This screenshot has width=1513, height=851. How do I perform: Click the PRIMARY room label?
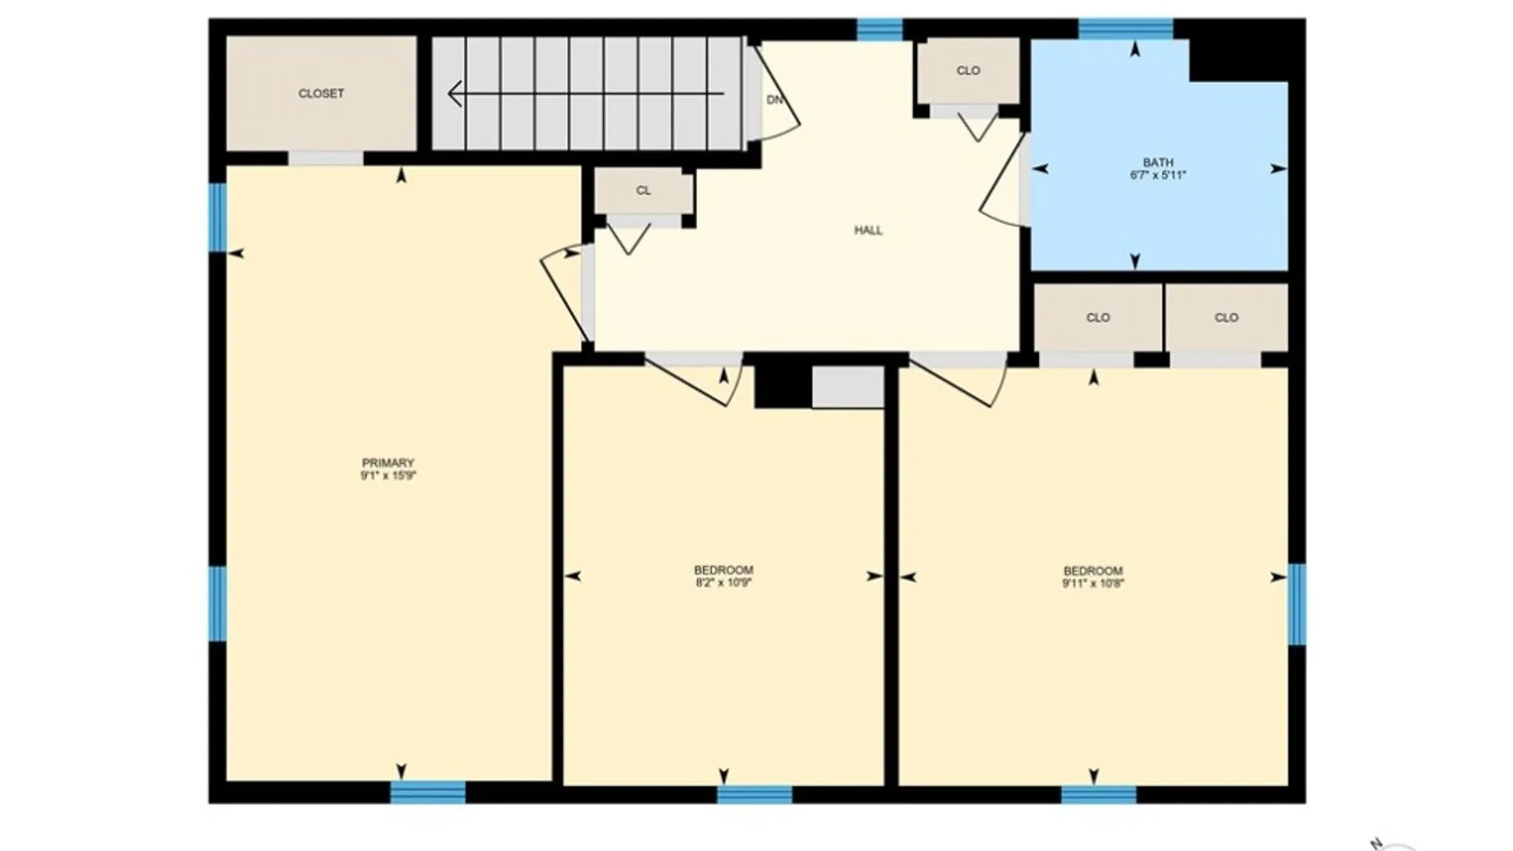point(388,463)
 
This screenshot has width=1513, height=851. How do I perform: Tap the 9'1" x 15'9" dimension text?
point(388,476)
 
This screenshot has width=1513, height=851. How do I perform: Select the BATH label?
point(1158,162)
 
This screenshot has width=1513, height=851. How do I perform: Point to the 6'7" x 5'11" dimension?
point(1158,175)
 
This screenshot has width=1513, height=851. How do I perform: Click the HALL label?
point(868,230)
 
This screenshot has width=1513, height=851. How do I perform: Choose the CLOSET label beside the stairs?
point(321,93)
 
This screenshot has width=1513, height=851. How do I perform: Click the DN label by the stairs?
point(775,100)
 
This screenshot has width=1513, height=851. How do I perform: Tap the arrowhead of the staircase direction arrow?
point(455,94)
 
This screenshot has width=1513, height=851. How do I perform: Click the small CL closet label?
point(643,191)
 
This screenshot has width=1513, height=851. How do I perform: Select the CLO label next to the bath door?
point(968,71)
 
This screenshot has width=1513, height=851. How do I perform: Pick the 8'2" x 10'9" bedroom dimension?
point(723,583)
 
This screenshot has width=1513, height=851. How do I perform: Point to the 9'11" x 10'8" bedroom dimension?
point(1093,584)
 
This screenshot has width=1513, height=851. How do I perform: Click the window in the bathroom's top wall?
point(1125,29)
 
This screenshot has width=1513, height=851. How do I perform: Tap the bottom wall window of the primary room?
point(428,792)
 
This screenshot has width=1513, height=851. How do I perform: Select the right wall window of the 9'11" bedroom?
point(1297,604)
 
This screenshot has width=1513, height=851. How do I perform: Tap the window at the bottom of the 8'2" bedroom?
point(754,793)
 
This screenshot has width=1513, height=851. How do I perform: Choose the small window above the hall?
point(879,29)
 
